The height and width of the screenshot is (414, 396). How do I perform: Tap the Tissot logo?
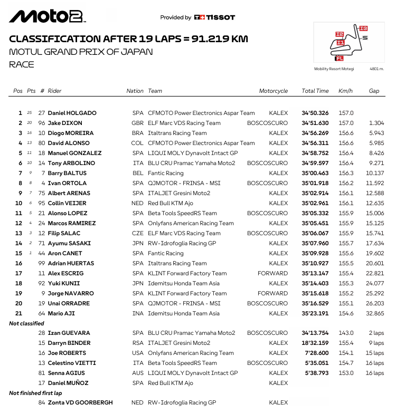pos(214,17)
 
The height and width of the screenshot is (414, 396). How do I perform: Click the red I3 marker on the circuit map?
pos(363,28)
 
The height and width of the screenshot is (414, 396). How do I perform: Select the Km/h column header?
pos(345,91)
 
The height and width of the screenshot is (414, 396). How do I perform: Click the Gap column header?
pos(374,91)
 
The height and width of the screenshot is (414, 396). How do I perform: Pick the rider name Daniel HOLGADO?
pos(72,113)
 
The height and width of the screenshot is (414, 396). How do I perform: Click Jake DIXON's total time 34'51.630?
pos(315,123)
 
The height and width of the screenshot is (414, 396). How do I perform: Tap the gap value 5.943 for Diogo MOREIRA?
pos(377,133)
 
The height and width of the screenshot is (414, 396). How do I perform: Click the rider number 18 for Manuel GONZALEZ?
pos(42,153)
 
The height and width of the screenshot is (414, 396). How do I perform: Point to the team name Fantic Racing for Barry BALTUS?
pos(166,173)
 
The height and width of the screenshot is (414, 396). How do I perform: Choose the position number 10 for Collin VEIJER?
pos(19,203)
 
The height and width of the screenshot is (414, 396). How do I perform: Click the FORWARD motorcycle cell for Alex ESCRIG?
pos(273,273)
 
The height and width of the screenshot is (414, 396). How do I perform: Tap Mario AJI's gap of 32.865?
pos(376,313)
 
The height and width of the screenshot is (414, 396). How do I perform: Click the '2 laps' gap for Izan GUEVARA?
pos(376,333)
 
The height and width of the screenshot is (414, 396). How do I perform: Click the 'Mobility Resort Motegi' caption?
pos(334,69)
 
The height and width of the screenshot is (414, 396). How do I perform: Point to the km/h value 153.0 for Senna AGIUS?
pos(346,373)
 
